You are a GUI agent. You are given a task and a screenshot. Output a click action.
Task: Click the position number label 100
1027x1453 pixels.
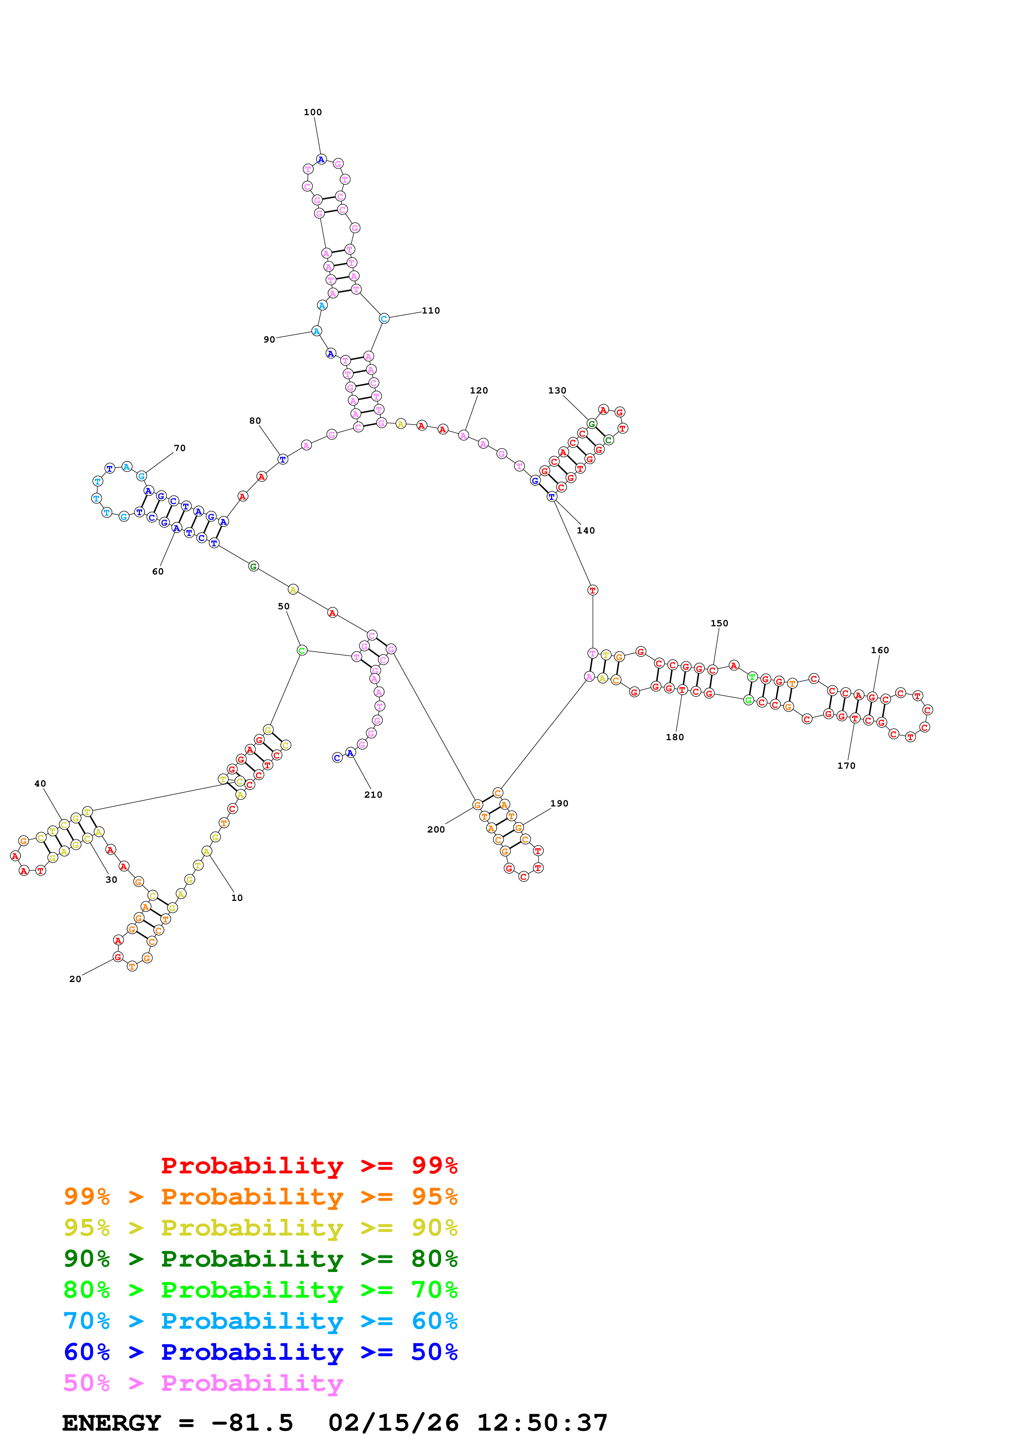[313, 112]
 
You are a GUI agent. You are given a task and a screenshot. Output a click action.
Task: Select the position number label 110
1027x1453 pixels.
[431, 311]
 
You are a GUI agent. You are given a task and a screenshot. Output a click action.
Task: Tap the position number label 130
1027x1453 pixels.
[557, 391]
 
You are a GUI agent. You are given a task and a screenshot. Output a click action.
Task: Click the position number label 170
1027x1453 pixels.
[846, 766]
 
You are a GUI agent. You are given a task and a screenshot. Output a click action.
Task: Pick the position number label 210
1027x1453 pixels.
[373, 795]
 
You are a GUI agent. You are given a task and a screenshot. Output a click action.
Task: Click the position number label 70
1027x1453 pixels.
[180, 448]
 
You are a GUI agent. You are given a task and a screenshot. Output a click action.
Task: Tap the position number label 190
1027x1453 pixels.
[559, 804]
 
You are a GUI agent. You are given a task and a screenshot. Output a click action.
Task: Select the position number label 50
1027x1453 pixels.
[283, 606]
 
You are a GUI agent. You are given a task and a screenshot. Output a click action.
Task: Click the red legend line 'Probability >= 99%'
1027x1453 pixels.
[309, 1165]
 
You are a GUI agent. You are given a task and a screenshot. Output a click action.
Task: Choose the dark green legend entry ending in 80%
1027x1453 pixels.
[261, 1259]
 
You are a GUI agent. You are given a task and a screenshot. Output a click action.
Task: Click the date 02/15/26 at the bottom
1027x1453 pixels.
[393, 1423]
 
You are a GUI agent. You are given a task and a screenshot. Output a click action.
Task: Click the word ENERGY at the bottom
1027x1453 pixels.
[111, 1423]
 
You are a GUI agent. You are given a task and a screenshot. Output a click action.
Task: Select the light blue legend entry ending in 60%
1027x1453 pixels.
[261, 1321]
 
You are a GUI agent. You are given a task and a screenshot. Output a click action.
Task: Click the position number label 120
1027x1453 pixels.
[479, 391]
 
